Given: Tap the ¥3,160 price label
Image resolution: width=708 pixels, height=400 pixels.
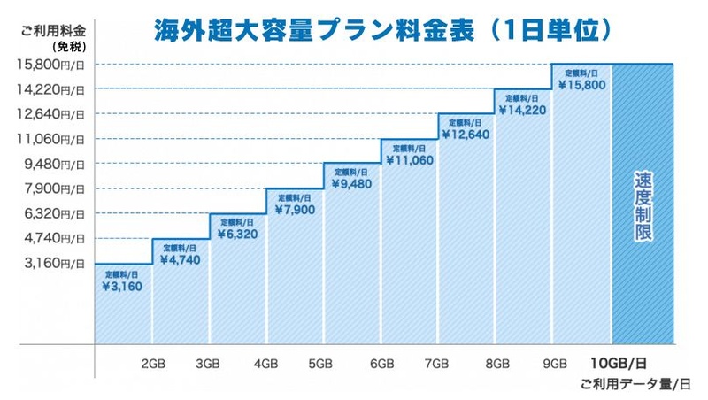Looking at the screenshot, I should tap(122, 287).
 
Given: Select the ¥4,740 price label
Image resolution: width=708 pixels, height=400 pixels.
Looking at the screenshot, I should tap(180, 261).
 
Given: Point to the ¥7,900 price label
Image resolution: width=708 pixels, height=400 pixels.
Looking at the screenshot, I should tap(295, 211).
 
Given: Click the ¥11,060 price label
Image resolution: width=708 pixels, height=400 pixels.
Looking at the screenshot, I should tap(408, 160).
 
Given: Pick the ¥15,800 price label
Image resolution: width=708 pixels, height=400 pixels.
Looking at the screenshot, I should tap(582, 85).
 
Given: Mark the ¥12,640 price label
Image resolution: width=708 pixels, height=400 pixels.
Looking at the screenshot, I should tap(466, 135).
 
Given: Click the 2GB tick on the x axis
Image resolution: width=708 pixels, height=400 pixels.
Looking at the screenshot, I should tap(152, 364).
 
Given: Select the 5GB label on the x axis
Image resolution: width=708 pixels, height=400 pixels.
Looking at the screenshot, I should tap(320, 364).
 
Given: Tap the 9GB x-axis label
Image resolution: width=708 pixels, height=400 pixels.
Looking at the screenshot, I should tap(555, 364).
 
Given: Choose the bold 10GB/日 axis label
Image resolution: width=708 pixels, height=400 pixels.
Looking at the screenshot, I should tap(619, 364).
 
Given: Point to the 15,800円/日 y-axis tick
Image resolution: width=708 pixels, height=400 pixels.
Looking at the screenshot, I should tap(51, 64).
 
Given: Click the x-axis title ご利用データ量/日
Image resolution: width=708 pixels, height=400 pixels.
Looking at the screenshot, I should tap(635, 383).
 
